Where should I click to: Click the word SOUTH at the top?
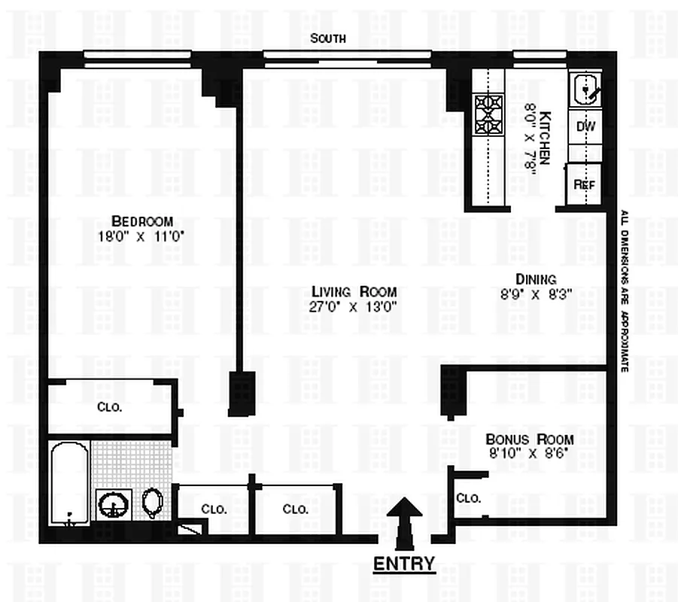click(329, 38)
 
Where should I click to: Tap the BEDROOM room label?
click(142, 221)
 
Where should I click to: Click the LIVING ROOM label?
click(354, 292)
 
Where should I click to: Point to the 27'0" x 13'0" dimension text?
click(354, 306)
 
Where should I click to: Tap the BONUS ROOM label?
click(529, 439)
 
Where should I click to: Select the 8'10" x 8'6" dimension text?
click(529, 454)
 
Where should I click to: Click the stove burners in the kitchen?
click(488, 114)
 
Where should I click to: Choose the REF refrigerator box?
click(585, 184)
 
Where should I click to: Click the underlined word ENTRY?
click(404, 564)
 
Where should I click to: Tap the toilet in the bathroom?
click(152, 503)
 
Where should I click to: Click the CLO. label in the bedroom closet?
click(110, 407)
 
